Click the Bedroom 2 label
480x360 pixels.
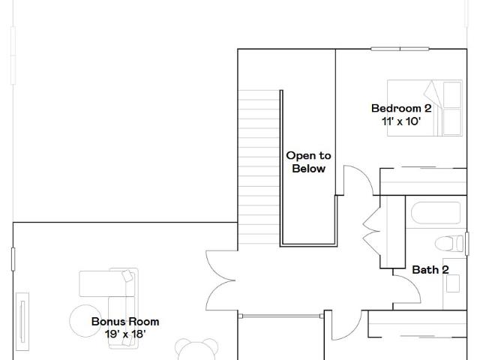coord(401,108)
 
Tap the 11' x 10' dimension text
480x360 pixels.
coord(401,121)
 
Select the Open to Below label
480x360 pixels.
coord(308,162)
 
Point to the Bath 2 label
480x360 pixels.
coord(430,270)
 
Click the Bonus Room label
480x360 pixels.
coord(125,322)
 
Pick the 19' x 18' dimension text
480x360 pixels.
coord(125,334)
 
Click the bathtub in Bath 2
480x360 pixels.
coord(436,213)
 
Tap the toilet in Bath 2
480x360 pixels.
coord(449,244)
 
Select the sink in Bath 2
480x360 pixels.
coord(453,283)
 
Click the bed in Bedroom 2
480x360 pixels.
coord(424,108)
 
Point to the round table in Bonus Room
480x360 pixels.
coord(85,321)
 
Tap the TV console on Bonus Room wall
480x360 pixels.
coord(22,322)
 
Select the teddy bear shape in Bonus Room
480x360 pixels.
coord(196,349)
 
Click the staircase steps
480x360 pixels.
coord(259,166)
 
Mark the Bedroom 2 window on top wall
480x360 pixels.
coord(400,49)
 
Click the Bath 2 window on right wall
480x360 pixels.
coord(466,244)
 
